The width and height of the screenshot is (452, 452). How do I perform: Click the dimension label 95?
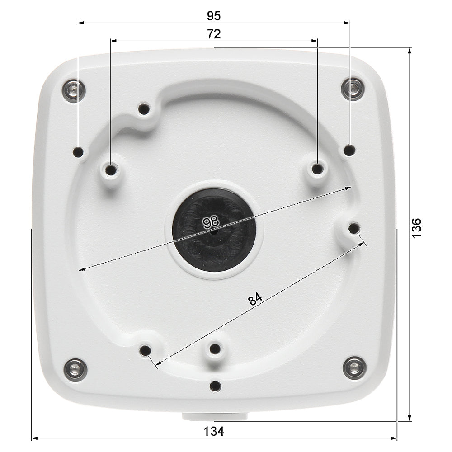pos(214,16)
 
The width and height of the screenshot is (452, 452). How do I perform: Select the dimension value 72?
pos(214,34)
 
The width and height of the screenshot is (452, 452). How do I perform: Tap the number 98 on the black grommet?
pos(211,221)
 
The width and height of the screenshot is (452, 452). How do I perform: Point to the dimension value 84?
pos(255,299)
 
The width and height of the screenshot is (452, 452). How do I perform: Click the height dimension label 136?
pos(417,228)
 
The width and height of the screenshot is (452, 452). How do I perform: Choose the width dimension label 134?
pos(214,431)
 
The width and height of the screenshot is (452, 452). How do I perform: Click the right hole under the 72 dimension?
pos(318,169)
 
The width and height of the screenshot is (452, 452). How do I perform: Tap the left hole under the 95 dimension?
pos(79,152)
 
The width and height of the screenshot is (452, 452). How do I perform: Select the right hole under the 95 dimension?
pos(349,149)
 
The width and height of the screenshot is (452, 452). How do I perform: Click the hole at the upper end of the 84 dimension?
pos(353,229)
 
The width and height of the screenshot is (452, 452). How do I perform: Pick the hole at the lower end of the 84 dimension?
pos(145,350)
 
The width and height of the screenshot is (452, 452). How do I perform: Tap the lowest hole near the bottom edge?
pos(216,386)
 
